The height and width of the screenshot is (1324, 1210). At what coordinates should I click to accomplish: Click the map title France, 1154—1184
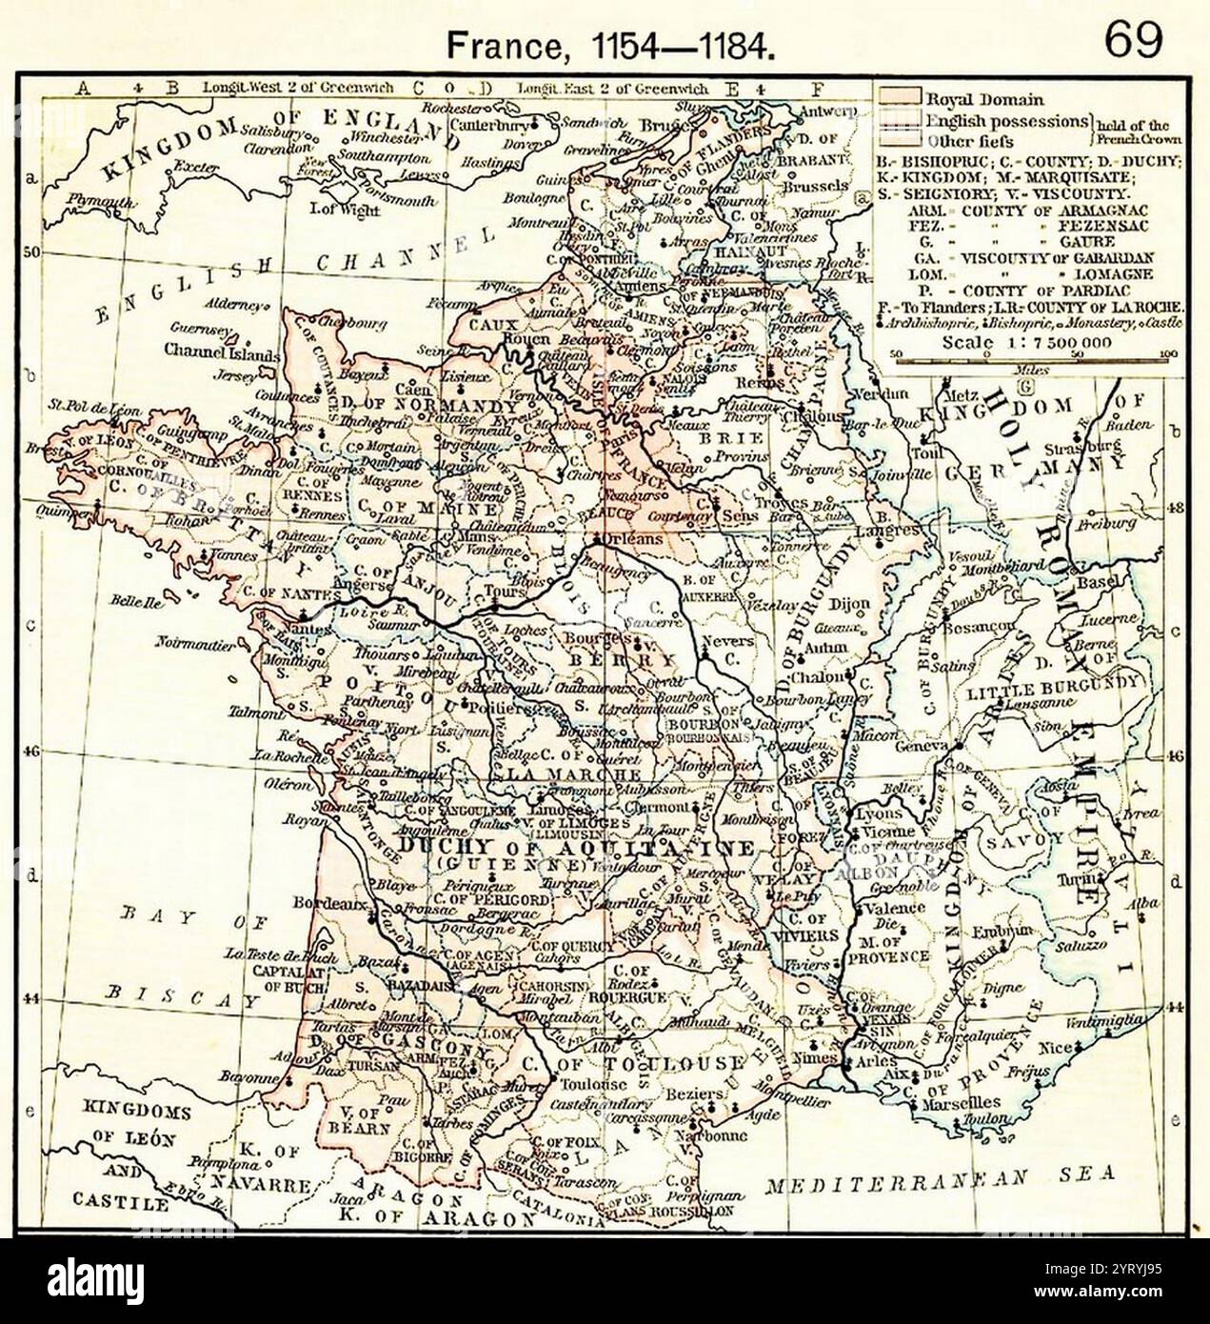pyautogui.click(x=610, y=44)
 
